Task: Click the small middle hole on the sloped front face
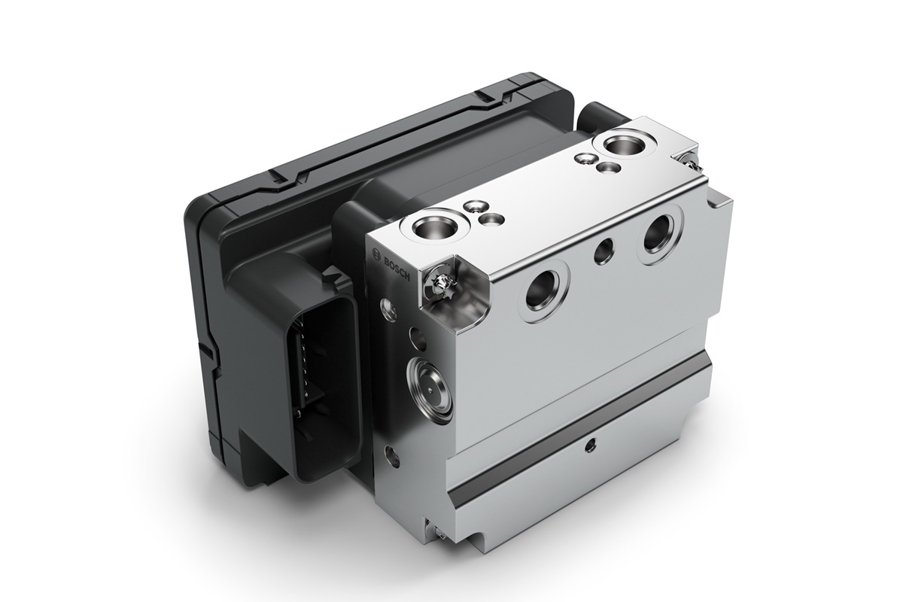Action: coord(604,249)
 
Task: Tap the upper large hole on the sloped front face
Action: coord(658,233)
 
